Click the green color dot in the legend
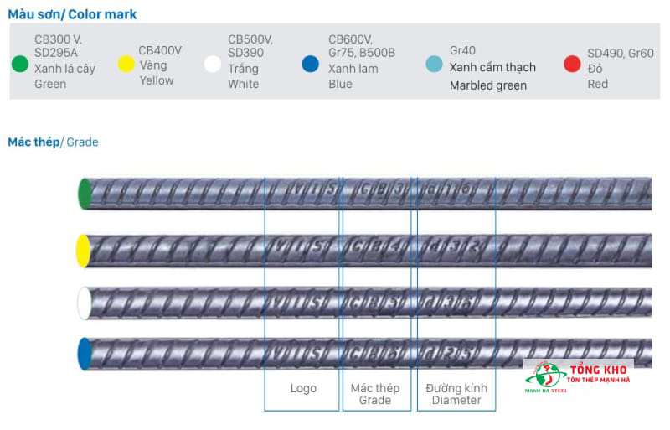[x=20, y=64]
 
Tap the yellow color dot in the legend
[x=126, y=65]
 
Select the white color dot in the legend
[x=213, y=64]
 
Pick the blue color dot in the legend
[x=311, y=64]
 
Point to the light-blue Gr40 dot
[x=434, y=64]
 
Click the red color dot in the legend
[x=572, y=65]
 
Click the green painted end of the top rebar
[x=84, y=193]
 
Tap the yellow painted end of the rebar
[x=83, y=251]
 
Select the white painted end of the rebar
[x=84, y=303]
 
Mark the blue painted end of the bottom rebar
[x=84, y=353]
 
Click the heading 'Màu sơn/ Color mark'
[x=72, y=14]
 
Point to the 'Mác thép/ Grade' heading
[x=53, y=142]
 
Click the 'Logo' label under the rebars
[x=303, y=389]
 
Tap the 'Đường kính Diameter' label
[x=456, y=394]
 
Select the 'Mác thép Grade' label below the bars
[x=375, y=394]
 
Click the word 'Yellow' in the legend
[x=157, y=80]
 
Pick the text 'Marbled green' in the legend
[x=488, y=85]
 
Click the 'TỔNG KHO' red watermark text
[x=599, y=370]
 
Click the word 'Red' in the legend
[x=597, y=84]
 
